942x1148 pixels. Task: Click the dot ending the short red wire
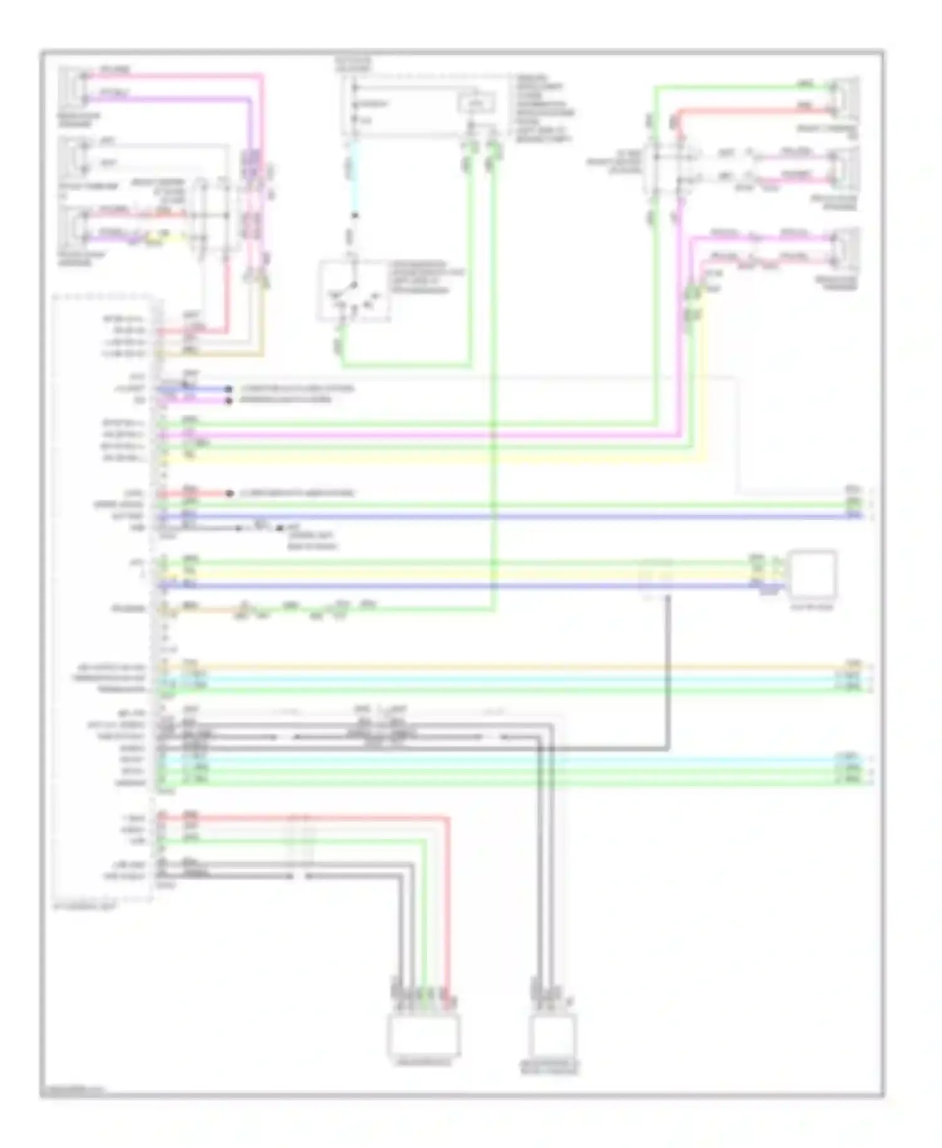coord(230,494)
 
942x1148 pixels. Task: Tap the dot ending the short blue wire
coord(230,389)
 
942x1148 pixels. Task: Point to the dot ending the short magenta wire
coord(230,400)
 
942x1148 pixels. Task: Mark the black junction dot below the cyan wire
coord(355,216)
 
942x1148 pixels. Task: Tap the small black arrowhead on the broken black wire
coord(239,528)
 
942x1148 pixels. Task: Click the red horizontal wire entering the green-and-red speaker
coord(754,111)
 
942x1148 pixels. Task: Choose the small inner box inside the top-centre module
coord(476,102)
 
